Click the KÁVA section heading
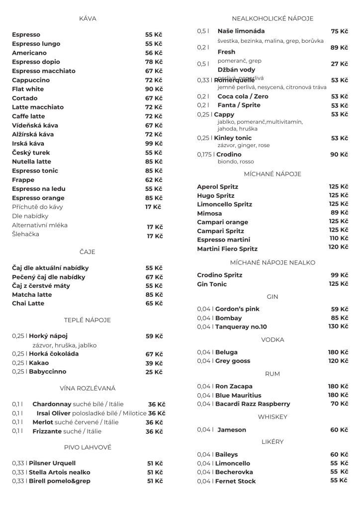pyautogui.click(x=88, y=18)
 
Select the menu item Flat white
pyautogui.click(x=28, y=89)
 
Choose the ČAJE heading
pyautogui.click(x=88, y=252)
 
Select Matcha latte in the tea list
pyautogui.click(x=32, y=295)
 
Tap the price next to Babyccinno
pyautogui.click(x=154, y=372)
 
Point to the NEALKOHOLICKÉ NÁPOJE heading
pyautogui.click(x=272, y=18)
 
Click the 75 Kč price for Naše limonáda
pyautogui.click(x=339, y=31)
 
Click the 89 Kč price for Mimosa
pyautogui.click(x=339, y=213)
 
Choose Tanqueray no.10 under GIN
pyautogui.click(x=241, y=327)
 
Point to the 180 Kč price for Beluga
pyautogui.click(x=338, y=352)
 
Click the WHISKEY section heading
pyautogui.click(x=272, y=417)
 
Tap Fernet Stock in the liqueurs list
pyautogui.click(x=235, y=481)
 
